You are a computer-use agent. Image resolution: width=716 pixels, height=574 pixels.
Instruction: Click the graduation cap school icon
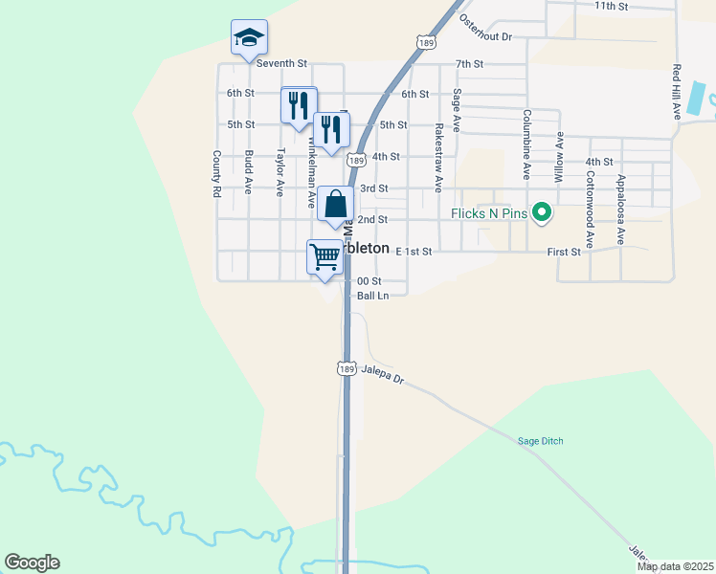point(249,38)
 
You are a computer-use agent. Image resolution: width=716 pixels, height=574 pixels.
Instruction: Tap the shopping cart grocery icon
point(324,256)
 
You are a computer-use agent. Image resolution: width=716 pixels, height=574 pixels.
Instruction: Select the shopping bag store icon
point(336,204)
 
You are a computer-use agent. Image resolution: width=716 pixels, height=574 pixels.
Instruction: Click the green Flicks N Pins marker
point(542,212)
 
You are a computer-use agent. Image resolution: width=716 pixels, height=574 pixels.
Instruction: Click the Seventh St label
point(280,63)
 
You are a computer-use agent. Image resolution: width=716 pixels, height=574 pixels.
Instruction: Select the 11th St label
point(611,6)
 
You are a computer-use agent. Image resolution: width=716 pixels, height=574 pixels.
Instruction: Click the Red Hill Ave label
point(676,92)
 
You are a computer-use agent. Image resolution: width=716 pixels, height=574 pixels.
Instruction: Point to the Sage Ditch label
point(540,440)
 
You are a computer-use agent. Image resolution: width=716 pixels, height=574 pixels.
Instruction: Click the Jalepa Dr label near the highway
point(383,373)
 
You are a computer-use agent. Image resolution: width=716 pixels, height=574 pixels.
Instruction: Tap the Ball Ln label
point(372,296)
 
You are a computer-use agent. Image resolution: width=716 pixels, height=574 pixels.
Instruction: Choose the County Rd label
point(217,173)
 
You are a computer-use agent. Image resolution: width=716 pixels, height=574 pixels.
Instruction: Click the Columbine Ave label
point(526,144)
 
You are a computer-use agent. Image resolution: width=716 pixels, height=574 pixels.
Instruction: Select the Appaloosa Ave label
point(620,210)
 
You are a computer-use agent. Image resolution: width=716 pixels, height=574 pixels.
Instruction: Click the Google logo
point(32,563)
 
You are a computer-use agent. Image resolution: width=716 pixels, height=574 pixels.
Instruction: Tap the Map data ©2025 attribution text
point(676,566)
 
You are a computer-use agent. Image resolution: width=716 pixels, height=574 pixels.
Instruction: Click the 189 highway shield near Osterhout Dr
point(427,41)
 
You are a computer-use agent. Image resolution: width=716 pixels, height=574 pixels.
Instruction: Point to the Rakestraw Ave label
point(438,158)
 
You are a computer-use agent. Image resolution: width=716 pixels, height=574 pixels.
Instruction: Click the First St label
point(564,252)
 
